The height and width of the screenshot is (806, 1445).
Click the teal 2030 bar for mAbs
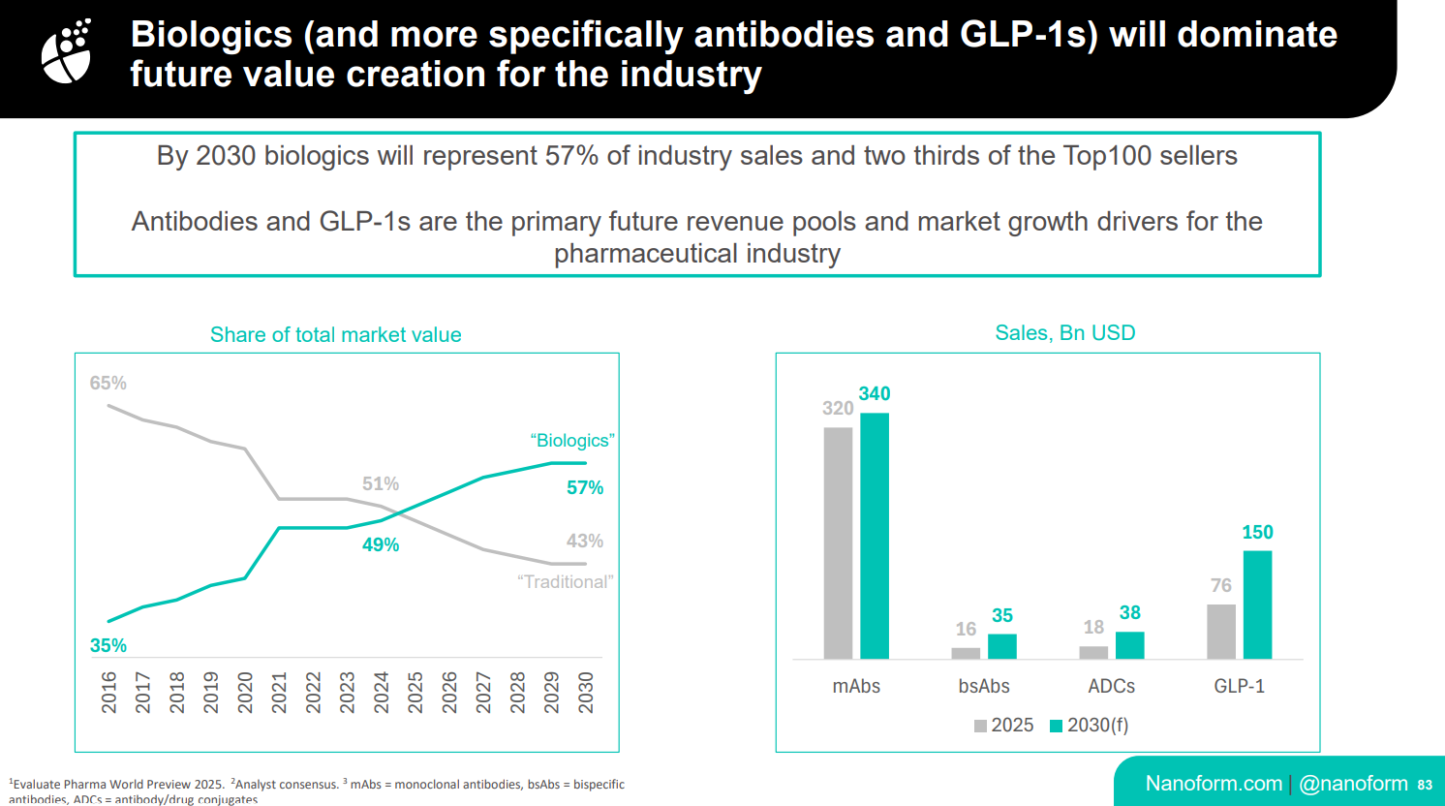(875, 536)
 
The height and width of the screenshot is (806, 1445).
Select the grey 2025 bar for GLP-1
(1221, 632)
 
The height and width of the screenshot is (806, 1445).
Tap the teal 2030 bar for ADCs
(1130, 645)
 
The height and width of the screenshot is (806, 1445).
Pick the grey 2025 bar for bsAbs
(966, 653)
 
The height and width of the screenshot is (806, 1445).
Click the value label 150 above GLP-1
(1257, 532)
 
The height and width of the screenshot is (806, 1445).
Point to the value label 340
(875, 393)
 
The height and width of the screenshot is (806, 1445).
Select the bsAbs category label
(984, 686)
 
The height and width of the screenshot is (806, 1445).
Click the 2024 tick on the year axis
(382, 693)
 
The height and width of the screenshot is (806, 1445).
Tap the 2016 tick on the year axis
(108, 693)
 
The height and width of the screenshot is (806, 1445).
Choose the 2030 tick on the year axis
(586, 693)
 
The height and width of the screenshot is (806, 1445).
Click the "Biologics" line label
(572, 441)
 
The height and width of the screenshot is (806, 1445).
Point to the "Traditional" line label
(566, 581)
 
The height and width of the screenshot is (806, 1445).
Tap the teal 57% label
(585, 487)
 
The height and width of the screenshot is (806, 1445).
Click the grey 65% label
(108, 383)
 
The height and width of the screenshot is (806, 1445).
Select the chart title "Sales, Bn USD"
(1064, 333)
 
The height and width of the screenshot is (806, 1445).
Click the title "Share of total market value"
(335, 335)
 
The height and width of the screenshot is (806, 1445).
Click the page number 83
(1425, 785)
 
